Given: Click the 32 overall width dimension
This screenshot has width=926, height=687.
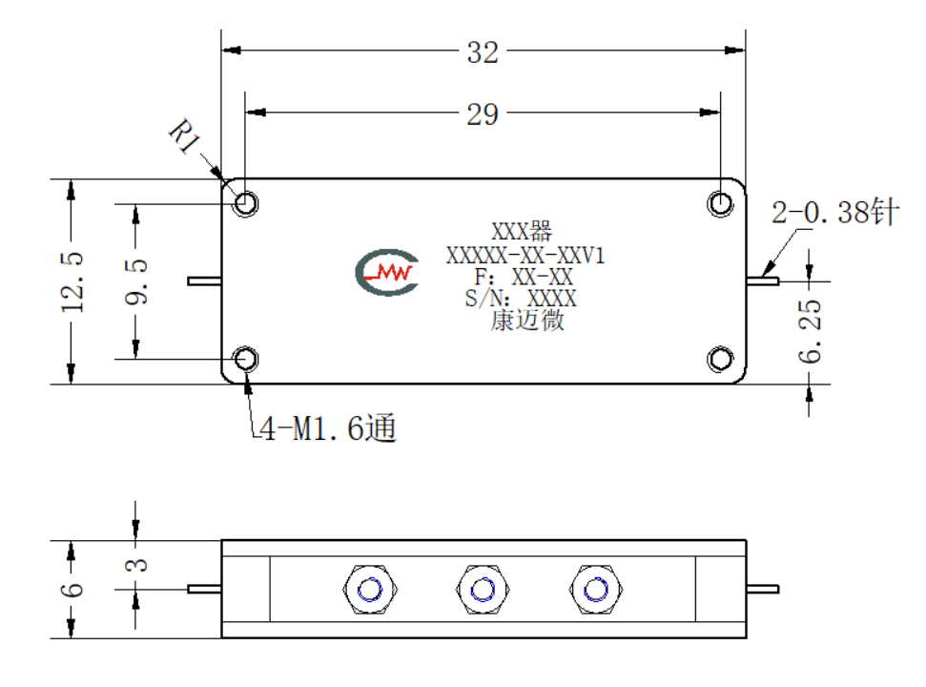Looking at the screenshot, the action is click(483, 52).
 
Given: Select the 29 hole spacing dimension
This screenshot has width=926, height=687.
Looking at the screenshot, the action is click(483, 114).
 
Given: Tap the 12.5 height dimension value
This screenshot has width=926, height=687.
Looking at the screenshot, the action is click(72, 281).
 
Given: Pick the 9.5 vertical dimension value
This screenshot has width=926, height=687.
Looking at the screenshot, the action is click(136, 281).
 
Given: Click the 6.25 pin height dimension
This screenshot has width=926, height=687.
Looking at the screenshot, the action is click(810, 331).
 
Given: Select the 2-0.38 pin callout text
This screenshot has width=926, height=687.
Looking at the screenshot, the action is click(835, 212).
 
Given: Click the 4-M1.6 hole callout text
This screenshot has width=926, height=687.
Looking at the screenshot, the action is click(328, 427).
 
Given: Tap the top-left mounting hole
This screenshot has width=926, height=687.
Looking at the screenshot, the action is click(246, 204).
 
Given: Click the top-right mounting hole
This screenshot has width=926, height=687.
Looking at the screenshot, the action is click(720, 204).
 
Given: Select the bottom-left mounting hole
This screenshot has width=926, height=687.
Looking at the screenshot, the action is click(246, 359).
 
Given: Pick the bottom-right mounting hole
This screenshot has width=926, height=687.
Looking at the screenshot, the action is click(720, 359).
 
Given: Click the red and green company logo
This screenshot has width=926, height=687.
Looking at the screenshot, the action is click(387, 272).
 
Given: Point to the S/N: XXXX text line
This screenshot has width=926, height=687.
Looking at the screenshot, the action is click(521, 299).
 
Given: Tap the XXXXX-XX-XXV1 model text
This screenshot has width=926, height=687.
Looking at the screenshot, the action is click(525, 255).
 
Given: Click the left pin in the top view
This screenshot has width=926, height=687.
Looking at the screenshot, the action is click(204, 281).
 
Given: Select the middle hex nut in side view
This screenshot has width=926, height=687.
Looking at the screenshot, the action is click(483, 590).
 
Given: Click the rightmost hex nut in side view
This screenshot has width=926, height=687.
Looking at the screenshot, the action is click(595, 590).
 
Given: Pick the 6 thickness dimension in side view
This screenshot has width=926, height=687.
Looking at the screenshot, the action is click(72, 590).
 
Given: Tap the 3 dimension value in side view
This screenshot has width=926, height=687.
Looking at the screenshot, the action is click(136, 565).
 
